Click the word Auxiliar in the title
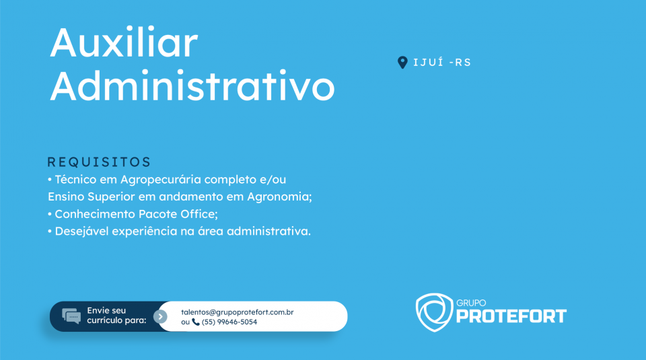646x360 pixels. click(124, 42)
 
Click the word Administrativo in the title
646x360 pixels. click(192, 85)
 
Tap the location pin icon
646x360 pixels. click(402, 63)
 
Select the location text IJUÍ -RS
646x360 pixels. click(442, 63)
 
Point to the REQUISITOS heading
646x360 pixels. click(100, 162)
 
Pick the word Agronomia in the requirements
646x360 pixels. click(279, 197)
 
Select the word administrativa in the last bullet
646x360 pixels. click(268, 231)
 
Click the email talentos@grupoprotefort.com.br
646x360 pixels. click(238, 312)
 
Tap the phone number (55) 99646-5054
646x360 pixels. click(229, 322)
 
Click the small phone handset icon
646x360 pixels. click(196, 322)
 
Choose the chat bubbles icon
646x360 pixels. click(71, 316)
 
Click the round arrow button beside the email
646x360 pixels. click(160, 316)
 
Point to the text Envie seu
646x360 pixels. click(106, 311)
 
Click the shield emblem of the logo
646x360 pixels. click(434, 312)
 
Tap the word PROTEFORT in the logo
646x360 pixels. click(511, 316)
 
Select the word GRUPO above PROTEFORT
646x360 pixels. click(471, 303)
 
